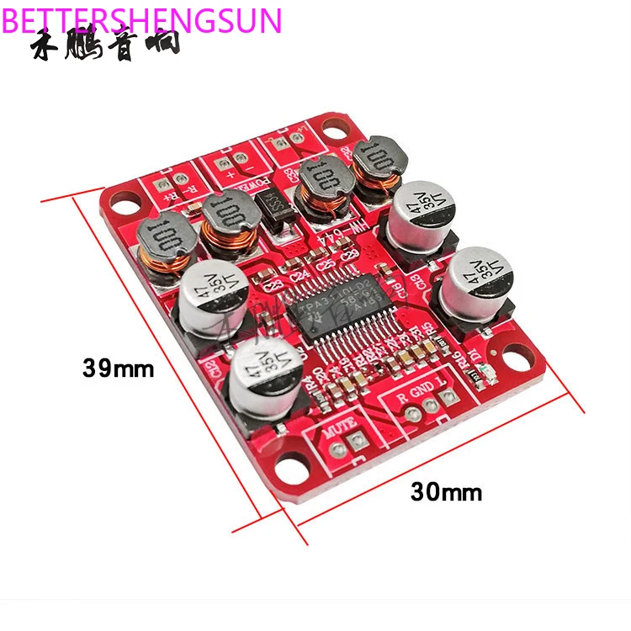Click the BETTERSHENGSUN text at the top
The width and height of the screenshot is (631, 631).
pos(141,19)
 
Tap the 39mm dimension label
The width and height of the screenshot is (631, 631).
pos(119,368)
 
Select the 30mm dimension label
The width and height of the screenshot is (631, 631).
pos(447,491)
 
